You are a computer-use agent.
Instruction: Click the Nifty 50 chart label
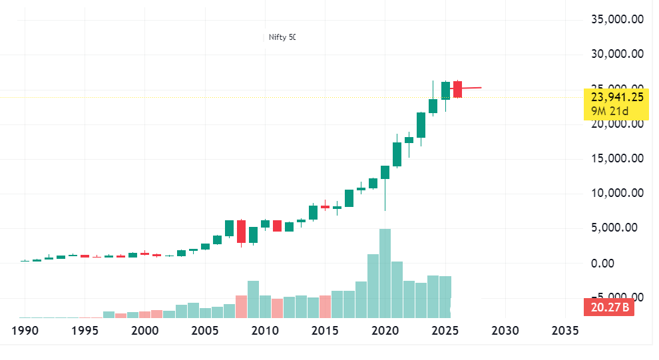[282, 38]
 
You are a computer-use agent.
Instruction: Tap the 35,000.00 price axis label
[617, 19]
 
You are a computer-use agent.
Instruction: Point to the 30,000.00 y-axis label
[617, 54]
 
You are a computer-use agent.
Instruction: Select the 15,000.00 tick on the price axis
[617, 158]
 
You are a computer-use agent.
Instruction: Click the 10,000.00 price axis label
[617, 193]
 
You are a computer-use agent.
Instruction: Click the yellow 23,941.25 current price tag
[616, 96]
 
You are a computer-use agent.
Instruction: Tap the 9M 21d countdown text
[608, 110]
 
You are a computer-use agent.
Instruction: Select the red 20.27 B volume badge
[606, 308]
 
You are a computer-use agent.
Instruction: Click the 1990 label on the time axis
[24, 331]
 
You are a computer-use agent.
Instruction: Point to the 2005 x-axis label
[203, 331]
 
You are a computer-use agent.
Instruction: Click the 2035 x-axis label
[564, 331]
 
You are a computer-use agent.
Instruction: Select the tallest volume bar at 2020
[385, 273]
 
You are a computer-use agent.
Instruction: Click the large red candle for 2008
[241, 231]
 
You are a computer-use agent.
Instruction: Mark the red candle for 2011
[277, 226]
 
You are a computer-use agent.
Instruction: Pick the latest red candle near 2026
[457, 89]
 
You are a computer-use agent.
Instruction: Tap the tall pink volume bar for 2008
[241, 307]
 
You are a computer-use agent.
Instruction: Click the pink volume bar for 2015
[325, 307]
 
